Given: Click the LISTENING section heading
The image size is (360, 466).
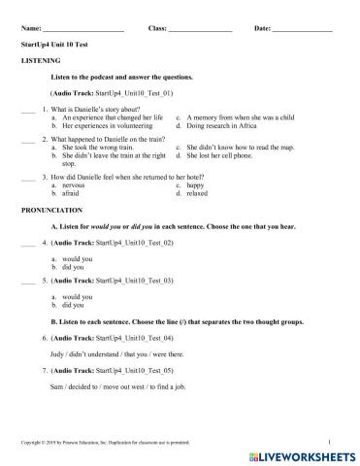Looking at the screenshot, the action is tap(40, 59).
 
